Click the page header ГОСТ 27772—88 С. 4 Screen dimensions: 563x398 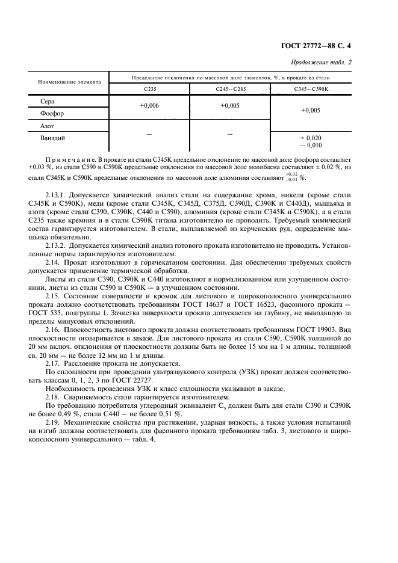[339, 46]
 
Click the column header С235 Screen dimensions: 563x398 [149, 88]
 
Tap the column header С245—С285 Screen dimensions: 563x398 [229, 88]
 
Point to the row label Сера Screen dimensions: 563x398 [47, 102]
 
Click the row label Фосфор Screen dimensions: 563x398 [52, 113]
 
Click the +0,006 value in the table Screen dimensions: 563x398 [149, 106]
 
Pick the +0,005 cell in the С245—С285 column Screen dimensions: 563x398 [229, 106]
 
